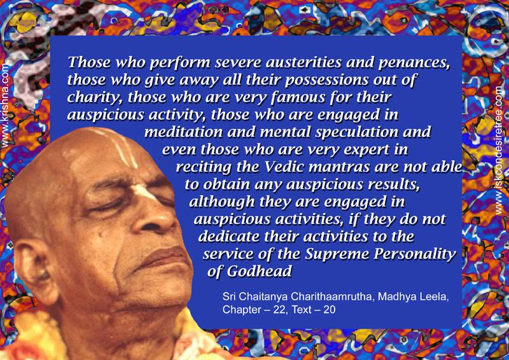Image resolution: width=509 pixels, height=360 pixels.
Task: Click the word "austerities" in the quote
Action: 303,62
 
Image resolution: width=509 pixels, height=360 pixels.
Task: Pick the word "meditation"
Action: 184,132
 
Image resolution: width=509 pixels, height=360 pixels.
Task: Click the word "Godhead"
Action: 259,272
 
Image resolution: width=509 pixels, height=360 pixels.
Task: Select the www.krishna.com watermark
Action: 5,106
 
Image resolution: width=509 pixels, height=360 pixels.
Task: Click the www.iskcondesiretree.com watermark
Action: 499,150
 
